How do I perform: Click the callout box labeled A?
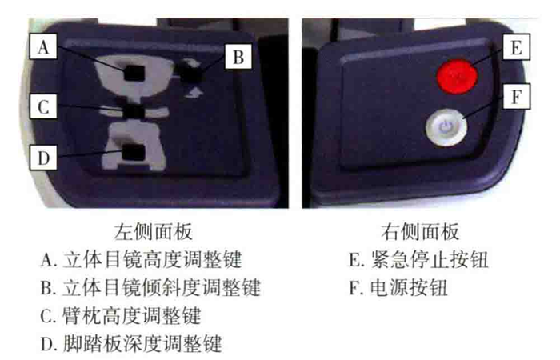(x=43, y=46)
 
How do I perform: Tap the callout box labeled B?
(x=238, y=56)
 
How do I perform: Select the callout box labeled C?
(x=43, y=106)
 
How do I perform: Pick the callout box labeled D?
(x=43, y=157)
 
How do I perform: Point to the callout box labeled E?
(x=516, y=46)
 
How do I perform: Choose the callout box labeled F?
(x=517, y=97)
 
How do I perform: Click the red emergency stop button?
(x=457, y=76)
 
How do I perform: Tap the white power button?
(x=446, y=127)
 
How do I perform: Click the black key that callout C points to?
(x=134, y=111)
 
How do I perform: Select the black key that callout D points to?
(x=134, y=153)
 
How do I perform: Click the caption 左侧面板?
(x=154, y=232)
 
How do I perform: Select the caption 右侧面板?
(x=420, y=232)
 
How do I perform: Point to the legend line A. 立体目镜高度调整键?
(x=142, y=260)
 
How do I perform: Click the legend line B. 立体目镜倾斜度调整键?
(x=150, y=287)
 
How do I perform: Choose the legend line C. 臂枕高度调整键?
(x=121, y=316)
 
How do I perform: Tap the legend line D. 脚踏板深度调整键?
(x=131, y=343)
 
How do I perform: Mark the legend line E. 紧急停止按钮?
(x=418, y=260)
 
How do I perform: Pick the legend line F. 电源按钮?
(x=398, y=287)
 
